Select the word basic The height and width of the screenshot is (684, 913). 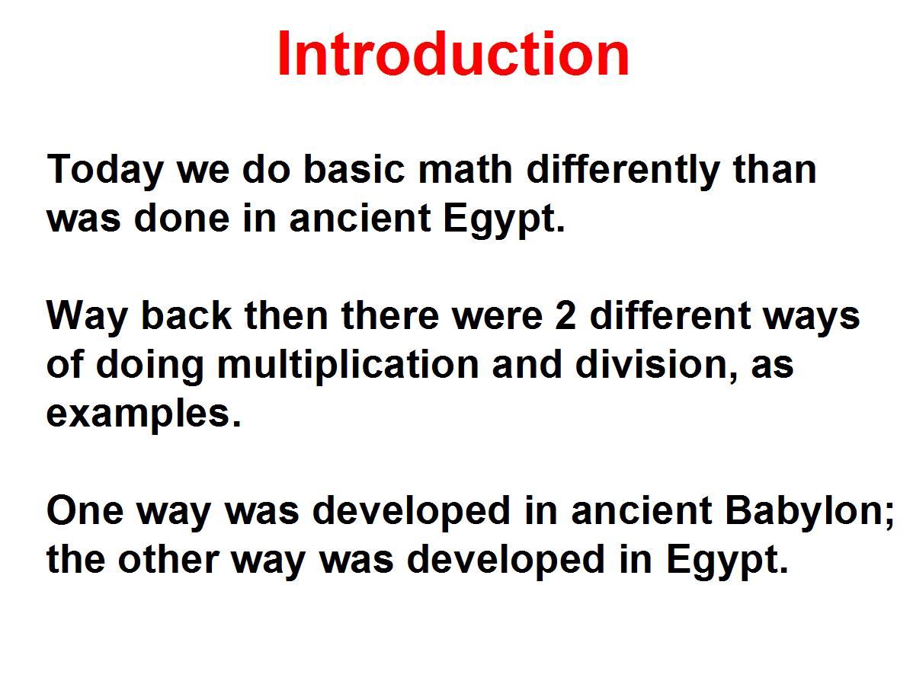click(x=354, y=169)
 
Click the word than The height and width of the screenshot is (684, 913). click(x=774, y=169)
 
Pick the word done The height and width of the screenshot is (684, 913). click(x=181, y=219)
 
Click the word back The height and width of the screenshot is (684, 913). click(x=186, y=315)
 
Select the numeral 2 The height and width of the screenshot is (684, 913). click(x=565, y=315)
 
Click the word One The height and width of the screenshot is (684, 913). click(x=85, y=510)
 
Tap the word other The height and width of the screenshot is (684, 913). click(x=169, y=559)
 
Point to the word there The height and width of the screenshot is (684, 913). click(x=389, y=315)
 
